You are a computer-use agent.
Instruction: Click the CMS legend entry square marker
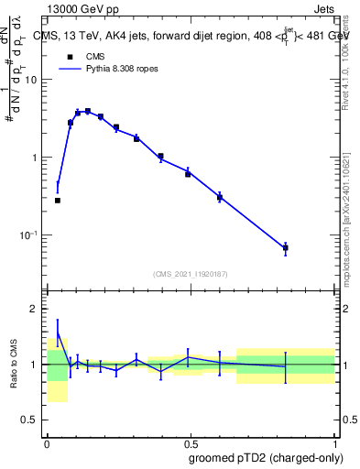click(70, 56)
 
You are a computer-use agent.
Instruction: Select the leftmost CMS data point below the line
click(58, 200)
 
